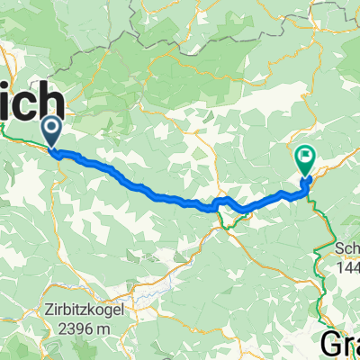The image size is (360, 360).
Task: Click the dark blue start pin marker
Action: click(x=50, y=131)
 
